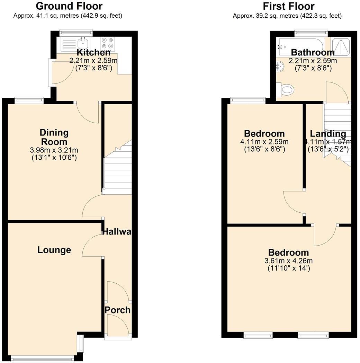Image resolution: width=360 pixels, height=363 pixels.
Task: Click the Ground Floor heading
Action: pyautogui.click(x=69, y=6)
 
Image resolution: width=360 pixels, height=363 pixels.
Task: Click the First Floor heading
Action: pyautogui.click(x=288, y=6)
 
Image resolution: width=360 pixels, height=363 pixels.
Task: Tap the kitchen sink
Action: pyautogui.click(x=83, y=43)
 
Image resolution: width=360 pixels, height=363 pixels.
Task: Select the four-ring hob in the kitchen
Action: pyautogui.click(x=107, y=43)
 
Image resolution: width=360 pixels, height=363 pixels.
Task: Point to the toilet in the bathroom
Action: pyautogui.click(x=287, y=90)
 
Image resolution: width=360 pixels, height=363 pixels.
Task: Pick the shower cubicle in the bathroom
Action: pyautogui.click(x=341, y=46)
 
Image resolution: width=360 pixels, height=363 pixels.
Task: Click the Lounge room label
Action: pyautogui.click(x=54, y=250)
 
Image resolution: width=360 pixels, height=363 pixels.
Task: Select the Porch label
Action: pyautogui.click(x=118, y=310)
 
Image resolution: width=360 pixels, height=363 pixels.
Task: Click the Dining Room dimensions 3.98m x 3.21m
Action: pyautogui.click(x=54, y=151)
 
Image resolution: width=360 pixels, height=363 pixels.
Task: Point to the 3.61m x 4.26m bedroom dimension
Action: pyautogui.click(x=288, y=261)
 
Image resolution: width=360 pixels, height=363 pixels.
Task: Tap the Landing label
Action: pyautogui.click(x=327, y=134)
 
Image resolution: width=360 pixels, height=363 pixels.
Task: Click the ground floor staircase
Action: pyautogui.click(x=118, y=170)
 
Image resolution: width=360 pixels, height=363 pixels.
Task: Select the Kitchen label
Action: pyautogui.click(x=93, y=53)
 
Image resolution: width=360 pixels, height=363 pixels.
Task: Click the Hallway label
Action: pyautogui.click(x=117, y=232)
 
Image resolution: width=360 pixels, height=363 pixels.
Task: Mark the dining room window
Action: pyautogui.click(x=29, y=100)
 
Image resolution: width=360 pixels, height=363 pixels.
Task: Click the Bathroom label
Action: pyautogui.click(x=313, y=52)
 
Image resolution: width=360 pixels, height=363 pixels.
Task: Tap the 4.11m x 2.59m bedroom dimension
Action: pyautogui.click(x=264, y=142)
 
